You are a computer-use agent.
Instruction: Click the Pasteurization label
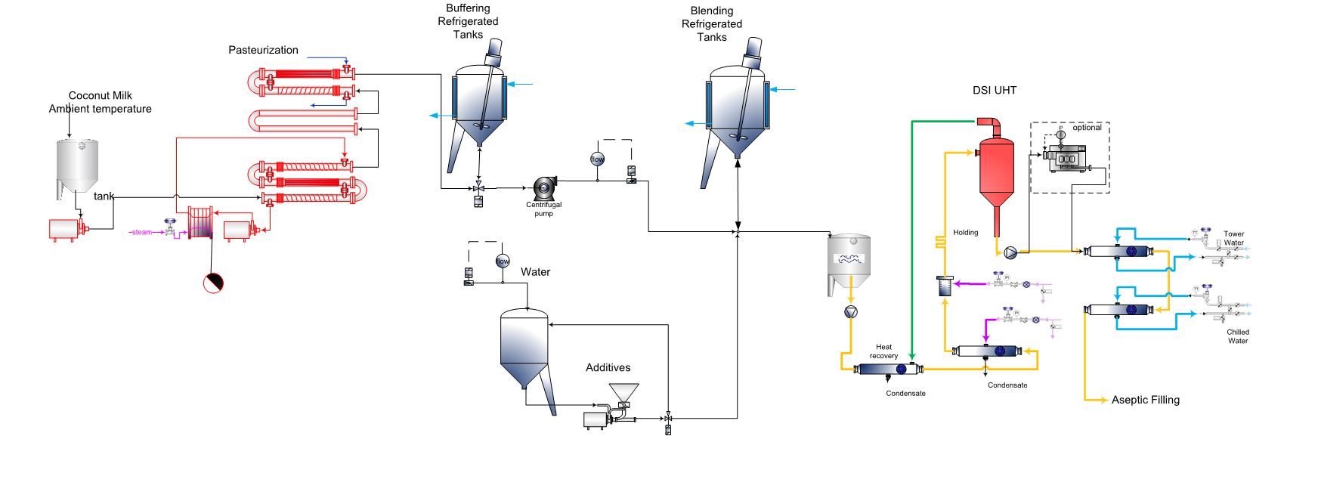pos(263,50)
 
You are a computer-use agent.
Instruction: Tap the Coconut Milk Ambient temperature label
pos(100,102)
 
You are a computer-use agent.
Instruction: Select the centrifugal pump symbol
pos(544,188)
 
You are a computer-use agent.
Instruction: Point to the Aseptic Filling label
pos(1145,400)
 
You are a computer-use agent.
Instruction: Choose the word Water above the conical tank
pos(535,272)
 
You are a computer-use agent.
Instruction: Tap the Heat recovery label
pos(883,351)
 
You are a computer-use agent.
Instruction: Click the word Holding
pos(965,233)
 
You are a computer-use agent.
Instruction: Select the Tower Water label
pos(1233,238)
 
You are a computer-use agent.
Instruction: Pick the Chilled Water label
pos(1237,336)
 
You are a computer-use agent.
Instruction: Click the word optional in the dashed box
pos(1087,128)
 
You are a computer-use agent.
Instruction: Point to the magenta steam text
pos(141,232)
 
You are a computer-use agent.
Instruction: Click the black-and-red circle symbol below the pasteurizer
pos(213,283)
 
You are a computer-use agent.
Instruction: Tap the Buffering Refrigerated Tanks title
pos(468,21)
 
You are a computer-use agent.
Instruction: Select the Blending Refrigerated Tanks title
pos(711,23)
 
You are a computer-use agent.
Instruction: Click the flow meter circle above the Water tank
pos(503,261)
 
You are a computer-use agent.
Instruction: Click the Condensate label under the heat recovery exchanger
pos(905,394)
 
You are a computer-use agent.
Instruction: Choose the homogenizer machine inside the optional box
pos(1066,160)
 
